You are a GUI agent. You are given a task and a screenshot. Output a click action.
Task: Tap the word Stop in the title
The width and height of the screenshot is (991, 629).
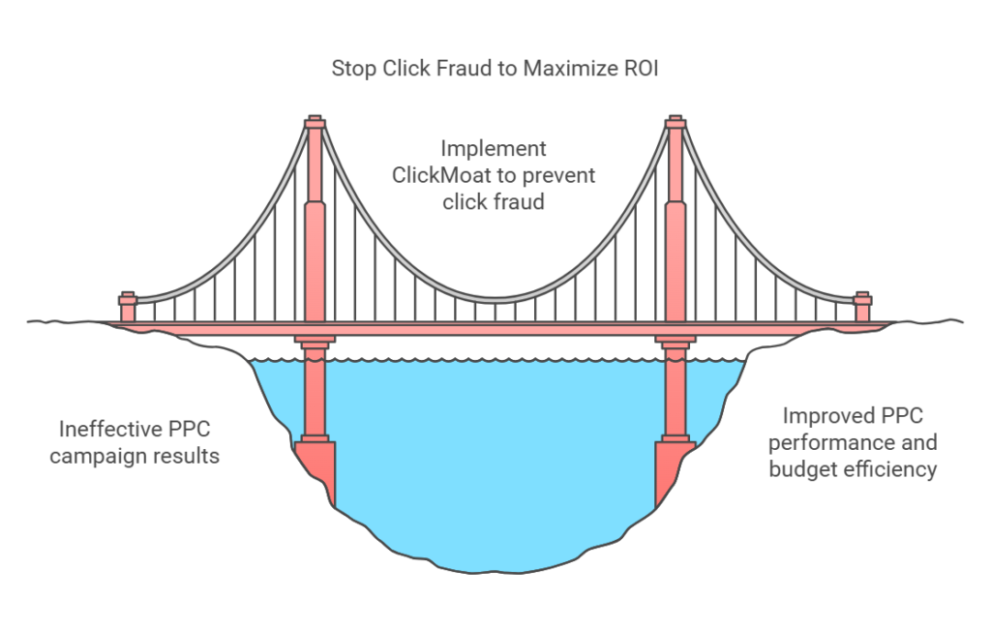[353, 70]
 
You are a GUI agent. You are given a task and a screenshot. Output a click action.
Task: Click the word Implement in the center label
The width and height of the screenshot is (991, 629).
[494, 150]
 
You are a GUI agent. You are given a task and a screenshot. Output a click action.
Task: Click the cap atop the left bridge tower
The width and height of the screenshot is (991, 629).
[314, 123]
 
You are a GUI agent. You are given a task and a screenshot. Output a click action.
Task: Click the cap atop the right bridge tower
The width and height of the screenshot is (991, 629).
[676, 123]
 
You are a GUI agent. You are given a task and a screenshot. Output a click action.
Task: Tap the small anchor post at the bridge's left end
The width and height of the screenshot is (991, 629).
[128, 306]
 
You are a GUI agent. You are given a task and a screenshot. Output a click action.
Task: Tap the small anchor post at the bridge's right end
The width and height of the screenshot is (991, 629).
[862, 306]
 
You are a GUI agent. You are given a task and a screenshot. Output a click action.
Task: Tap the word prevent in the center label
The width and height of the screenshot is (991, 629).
[558, 176]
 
